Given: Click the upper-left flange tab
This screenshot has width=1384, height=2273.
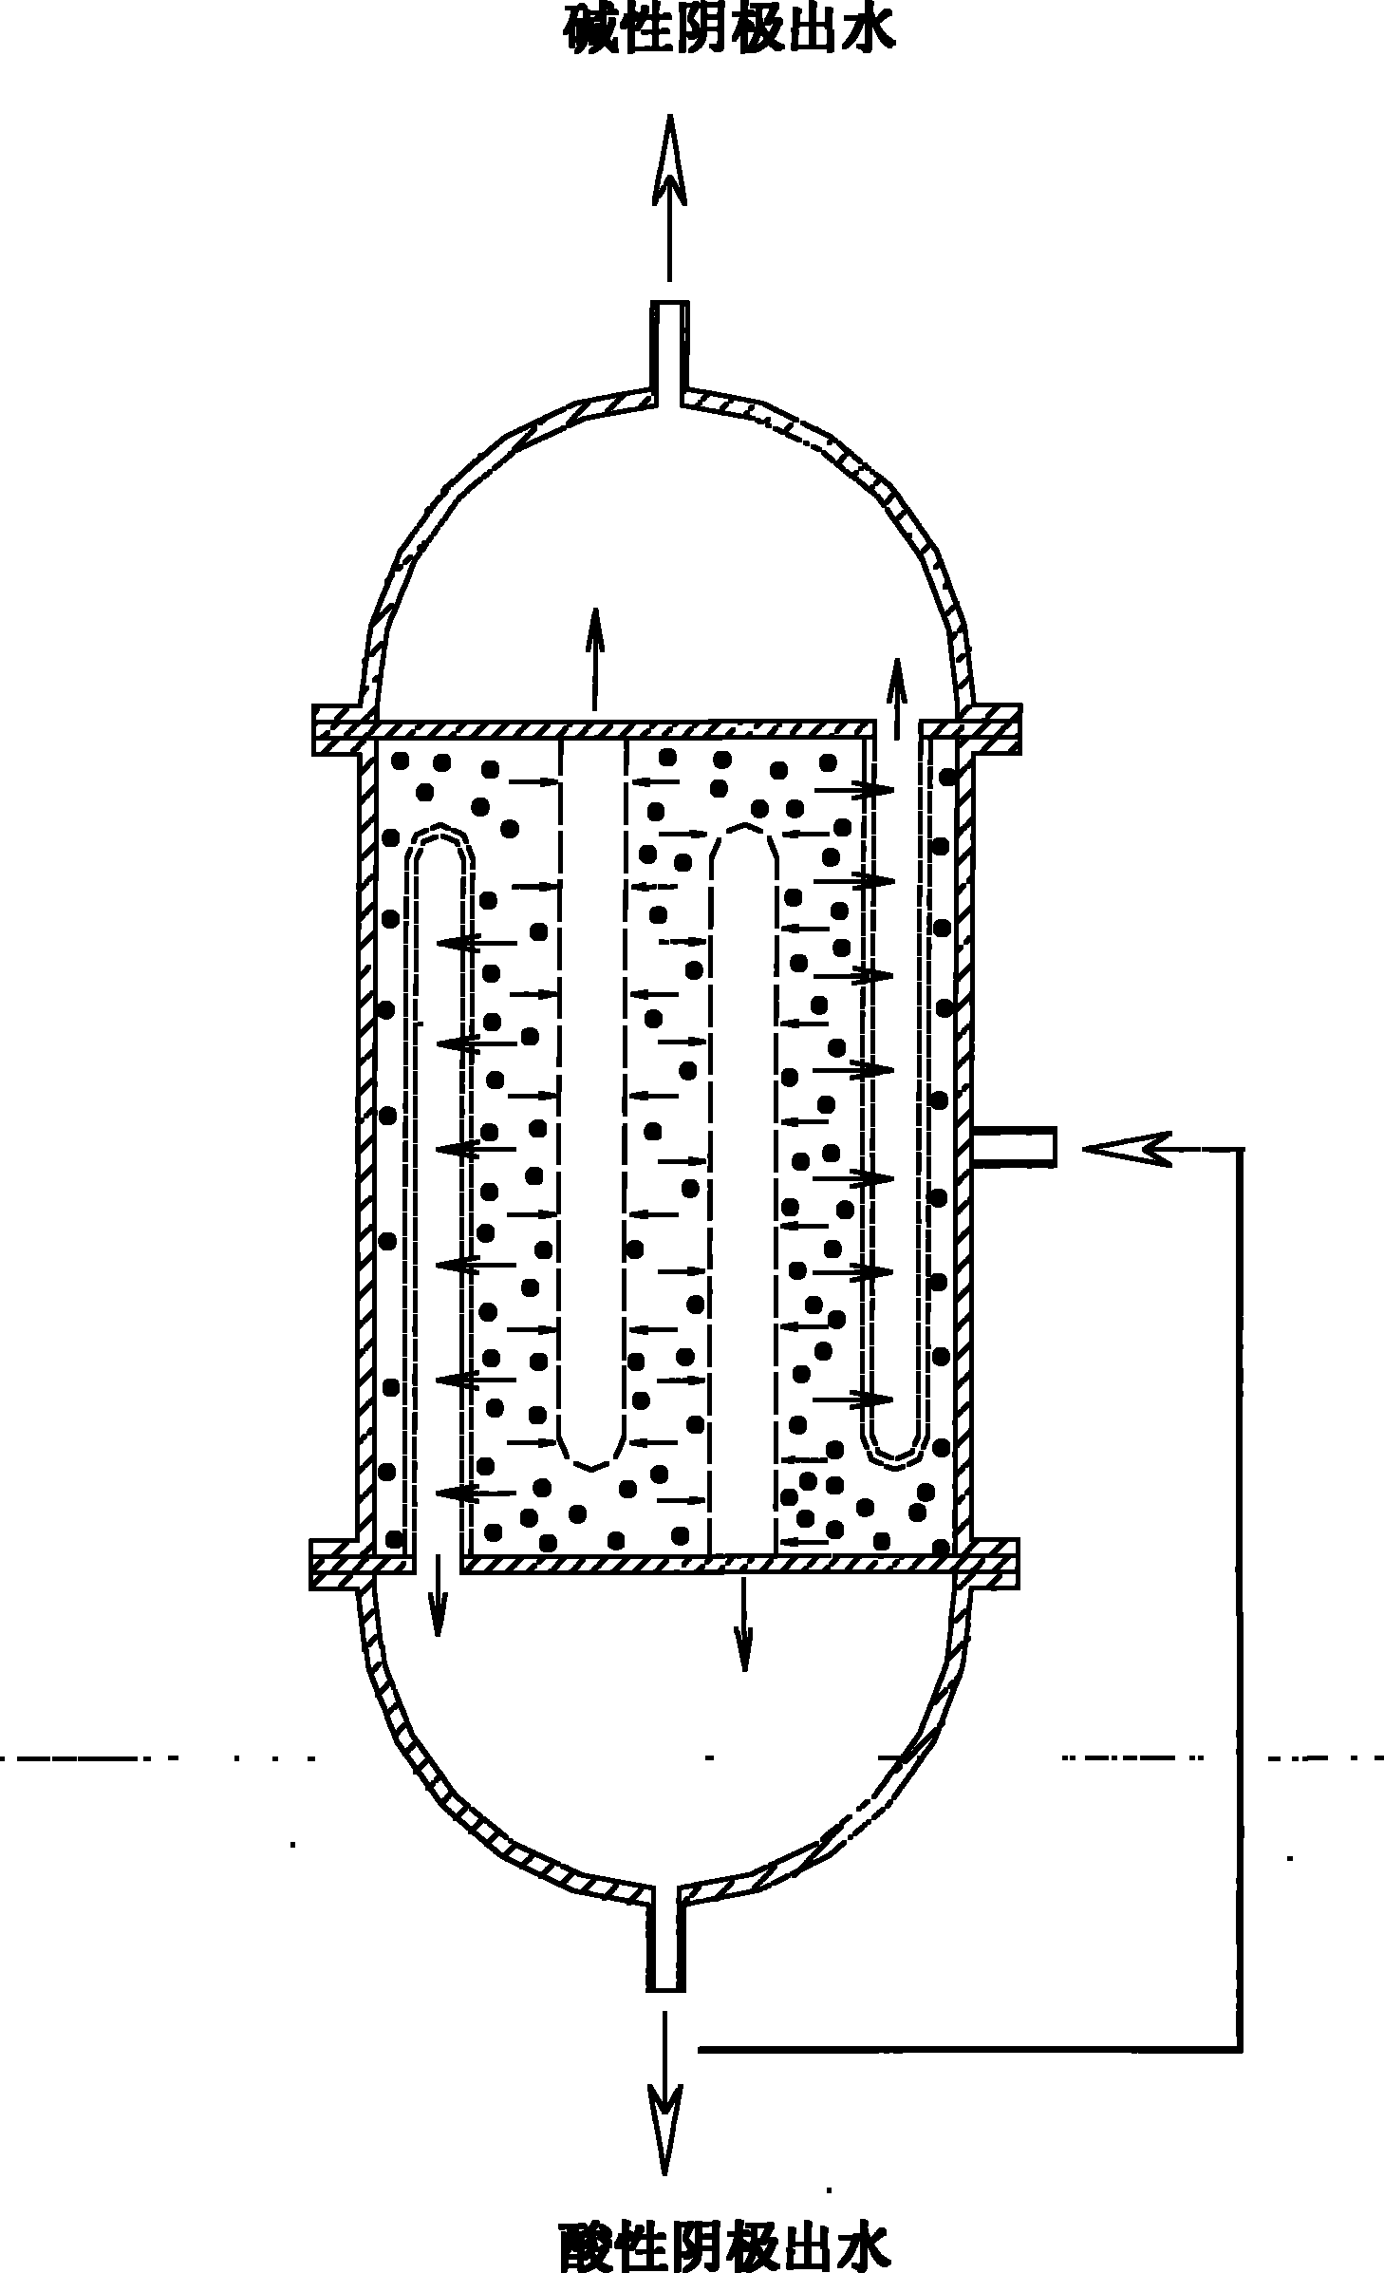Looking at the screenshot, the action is (x=343, y=729).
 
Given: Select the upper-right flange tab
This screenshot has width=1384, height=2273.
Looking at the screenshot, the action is (x=989, y=728).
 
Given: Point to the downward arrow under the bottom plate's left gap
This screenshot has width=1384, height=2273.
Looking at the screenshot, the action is (x=437, y=1596).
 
